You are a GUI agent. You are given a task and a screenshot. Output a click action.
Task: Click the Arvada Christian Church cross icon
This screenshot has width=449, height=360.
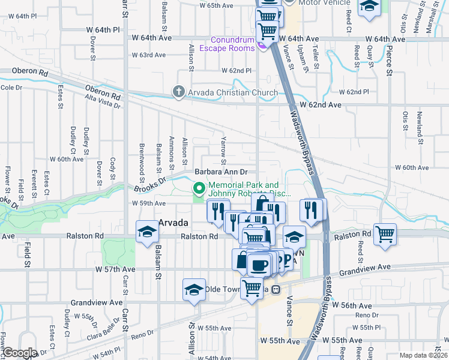click(x=178, y=92)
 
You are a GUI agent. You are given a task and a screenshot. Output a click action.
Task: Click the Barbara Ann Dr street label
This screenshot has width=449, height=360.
click(x=221, y=172)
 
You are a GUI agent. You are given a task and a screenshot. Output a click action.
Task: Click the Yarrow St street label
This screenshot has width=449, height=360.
click(x=223, y=151)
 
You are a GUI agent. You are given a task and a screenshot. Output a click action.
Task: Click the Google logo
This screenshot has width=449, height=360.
click(x=20, y=353)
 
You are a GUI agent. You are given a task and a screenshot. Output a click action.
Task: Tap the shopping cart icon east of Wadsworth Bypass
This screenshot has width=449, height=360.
click(x=384, y=234)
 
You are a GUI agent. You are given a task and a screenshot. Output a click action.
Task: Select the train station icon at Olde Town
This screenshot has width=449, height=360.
click(x=276, y=289)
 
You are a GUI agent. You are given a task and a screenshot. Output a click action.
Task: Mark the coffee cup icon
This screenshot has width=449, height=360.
click(x=259, y=265)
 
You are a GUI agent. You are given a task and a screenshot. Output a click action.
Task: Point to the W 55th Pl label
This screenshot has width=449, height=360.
click(x=363, y=328)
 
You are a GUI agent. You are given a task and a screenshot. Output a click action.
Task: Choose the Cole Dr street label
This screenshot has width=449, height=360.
click(x=11, y=88)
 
